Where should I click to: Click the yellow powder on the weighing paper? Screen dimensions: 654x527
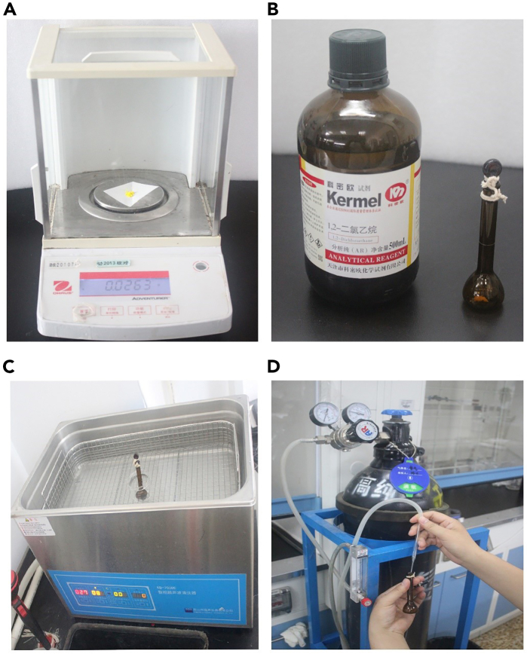click(x=130, y=194)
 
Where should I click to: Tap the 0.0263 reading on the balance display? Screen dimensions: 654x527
click(x=122, y=286)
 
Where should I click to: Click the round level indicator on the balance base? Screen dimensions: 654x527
click(x=200, y=266)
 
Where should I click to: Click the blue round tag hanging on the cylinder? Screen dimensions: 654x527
click(x=409, y=475)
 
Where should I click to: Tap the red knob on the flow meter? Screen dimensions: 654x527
click(x=366, y=602)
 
